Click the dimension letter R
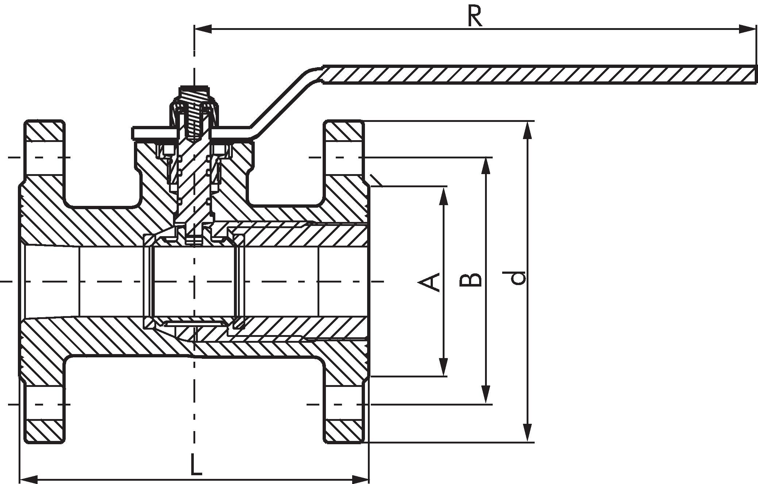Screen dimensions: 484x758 (475, 17)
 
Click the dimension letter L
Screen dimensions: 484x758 (196, 464)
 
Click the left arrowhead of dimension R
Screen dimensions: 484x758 (203, 29)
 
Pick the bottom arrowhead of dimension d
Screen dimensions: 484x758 (527, 433)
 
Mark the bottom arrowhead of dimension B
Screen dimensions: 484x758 (485, 395)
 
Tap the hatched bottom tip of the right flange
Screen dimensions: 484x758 (344, 432)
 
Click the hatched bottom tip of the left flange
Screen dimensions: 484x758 (45, 432)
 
